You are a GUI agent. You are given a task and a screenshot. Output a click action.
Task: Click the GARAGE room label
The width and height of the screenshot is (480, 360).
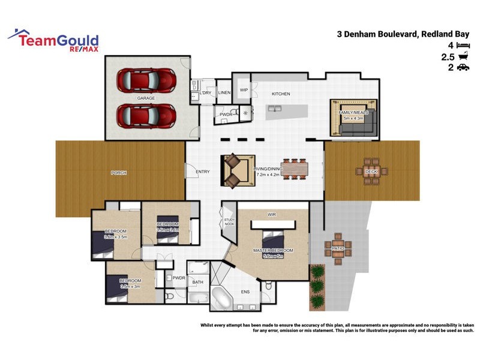click(x=146, y=98)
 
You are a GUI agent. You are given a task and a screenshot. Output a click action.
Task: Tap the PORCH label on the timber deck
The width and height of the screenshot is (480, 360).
click(x=119, y=173)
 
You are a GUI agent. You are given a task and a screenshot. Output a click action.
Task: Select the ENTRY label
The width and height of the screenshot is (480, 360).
click(x=203, y=172)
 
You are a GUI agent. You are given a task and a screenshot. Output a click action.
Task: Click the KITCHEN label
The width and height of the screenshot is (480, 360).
click(x=281, y=94)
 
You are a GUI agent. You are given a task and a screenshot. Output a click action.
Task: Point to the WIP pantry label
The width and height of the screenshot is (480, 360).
click(x=244, y=90)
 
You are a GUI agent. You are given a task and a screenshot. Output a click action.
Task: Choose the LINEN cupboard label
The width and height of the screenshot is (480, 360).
click(x=224, y=93)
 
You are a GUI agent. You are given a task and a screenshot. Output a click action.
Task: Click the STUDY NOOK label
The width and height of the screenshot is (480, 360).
click(x=229, y=221)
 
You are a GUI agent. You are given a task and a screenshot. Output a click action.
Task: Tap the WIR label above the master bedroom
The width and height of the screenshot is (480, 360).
click(x=271, y=214)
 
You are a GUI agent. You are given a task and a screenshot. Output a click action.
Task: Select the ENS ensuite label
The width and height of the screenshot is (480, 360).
click(x=245, y=292)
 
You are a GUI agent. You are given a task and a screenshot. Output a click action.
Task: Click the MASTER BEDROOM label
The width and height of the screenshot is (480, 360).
click(x=273, y=250)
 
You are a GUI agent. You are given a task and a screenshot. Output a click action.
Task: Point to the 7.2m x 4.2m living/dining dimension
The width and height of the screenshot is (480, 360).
click(x=268, y=175)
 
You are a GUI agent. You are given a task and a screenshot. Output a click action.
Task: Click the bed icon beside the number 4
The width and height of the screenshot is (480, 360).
click(x=463, y=45)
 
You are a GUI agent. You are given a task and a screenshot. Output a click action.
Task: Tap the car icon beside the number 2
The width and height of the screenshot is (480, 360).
click(x=463, y=68)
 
